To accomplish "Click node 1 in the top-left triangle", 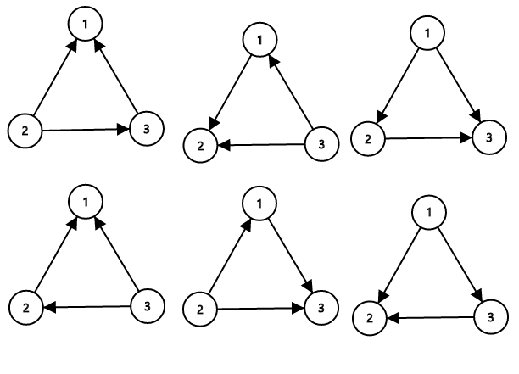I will (85, 23).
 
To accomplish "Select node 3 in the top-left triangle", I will (145, 130).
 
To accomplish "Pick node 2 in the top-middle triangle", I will (201, 146).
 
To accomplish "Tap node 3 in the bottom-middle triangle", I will (318, 308).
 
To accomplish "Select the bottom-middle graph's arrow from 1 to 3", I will (288, 254).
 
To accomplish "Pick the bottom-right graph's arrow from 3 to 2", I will (430, 318).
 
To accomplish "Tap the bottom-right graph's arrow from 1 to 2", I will (399, 264).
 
